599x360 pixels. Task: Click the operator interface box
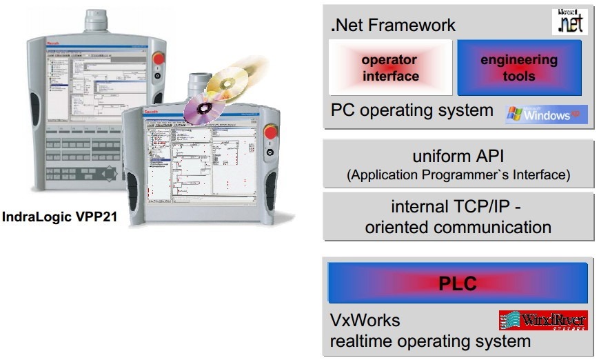click(x=391, y=68)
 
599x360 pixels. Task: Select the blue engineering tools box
click(x=519, y=68)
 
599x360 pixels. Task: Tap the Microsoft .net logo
click(x=571, y=22)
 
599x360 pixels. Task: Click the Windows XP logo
click(x=547, y=114)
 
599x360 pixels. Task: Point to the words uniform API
click(x=458, y=157)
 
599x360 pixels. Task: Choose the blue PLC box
click(x=458, y=283)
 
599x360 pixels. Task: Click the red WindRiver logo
click(x=542, y=320)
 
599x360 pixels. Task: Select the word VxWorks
click(x=365, y=321)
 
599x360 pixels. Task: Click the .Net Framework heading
click(x=394, y=26)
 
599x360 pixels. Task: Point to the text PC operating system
click(x=412, y=110)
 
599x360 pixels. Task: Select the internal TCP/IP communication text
click(x=458, y=217)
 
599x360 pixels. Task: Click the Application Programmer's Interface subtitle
click(x=458, y=175)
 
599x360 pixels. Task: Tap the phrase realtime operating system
click(x=431, y=341)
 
